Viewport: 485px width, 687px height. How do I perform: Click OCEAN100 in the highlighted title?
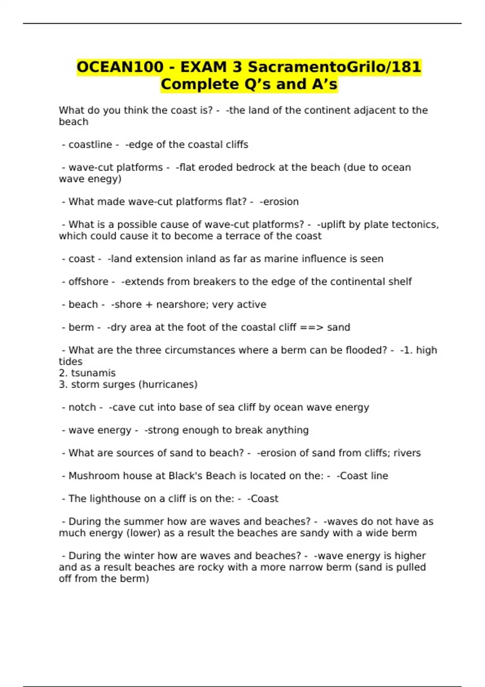tap(120, 67)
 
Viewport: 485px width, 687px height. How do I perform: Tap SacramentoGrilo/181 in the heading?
tap(334, 67)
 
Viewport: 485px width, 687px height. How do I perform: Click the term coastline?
tap(90, 145)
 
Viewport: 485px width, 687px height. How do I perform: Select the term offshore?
tap(88, 282)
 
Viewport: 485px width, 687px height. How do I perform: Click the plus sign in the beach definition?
tap(149, 305)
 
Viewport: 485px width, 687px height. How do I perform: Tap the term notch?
tap(82, 407)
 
